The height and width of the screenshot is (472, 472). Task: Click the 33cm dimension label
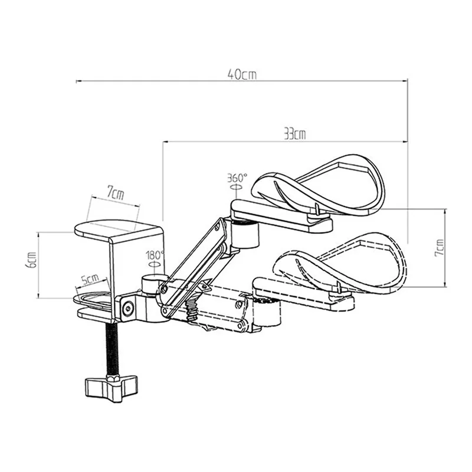[x=293, y=134]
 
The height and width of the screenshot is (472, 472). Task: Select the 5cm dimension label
[x=90, y=278]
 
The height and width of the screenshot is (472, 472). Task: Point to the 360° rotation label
[x=237, y=177]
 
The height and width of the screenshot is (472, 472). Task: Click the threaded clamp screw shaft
[x=111, y=348]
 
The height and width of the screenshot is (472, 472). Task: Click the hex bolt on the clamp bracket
[x=128, y=307]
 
